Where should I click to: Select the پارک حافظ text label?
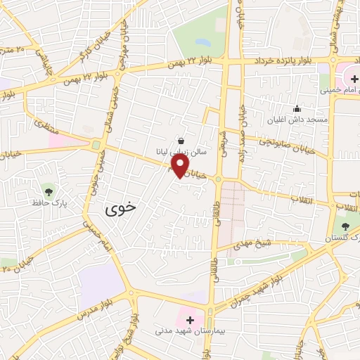[49, 203]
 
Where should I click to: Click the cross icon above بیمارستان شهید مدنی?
[189, 319]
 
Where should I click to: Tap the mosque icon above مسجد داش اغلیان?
[297, 109]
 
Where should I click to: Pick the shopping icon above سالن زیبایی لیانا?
[181, 141]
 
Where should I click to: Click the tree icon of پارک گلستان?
[345, 226]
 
